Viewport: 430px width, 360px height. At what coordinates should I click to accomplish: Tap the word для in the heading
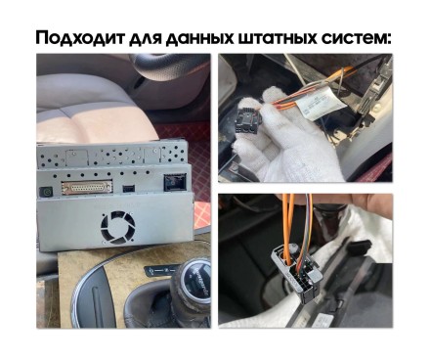pyautogui.click(x=155, y=39)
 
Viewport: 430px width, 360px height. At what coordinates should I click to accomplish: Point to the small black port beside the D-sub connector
pyautogui.click(x=131, y=183)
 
